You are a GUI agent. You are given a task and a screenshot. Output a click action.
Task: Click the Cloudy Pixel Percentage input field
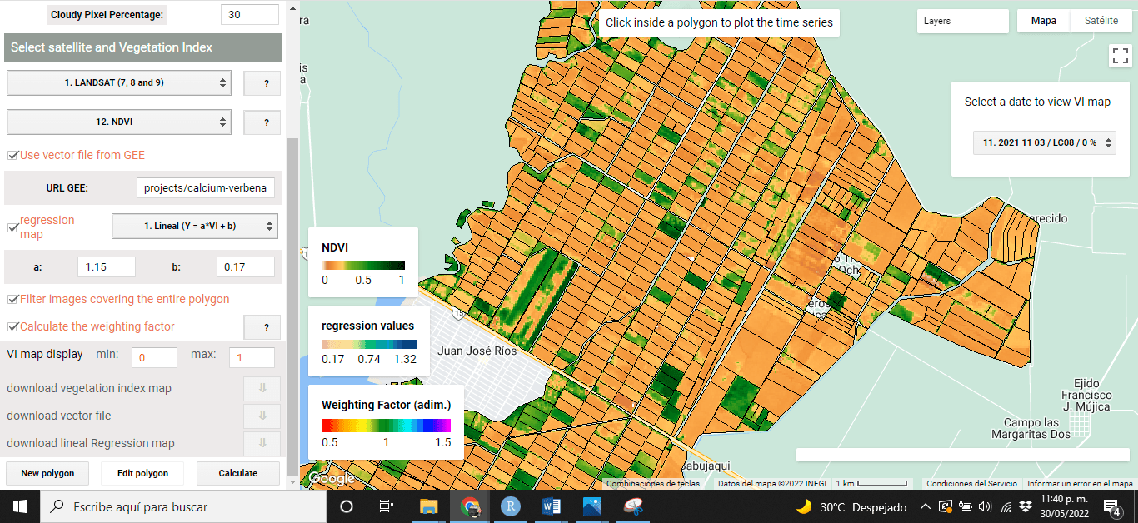(250, 15)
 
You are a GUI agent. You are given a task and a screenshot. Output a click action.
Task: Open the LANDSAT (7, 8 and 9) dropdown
(118, 83)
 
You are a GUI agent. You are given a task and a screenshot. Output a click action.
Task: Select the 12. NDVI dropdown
(118, 122)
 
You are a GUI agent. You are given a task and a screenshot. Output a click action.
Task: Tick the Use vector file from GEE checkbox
(13, 156)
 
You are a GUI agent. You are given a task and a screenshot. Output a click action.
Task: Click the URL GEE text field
(205, 188)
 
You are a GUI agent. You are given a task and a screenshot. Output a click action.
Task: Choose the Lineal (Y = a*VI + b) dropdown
(195, 227)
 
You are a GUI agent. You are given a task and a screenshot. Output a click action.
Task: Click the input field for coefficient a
(107, 267)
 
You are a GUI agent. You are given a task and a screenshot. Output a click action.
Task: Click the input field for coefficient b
(245, 267)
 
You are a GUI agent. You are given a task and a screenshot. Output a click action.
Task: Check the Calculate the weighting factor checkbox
(13, 327)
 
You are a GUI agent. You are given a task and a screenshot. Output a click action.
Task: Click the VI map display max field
(252, 357)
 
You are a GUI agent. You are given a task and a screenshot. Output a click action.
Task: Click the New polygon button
(47, 473)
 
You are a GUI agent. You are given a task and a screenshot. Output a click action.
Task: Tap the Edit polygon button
(142, 473)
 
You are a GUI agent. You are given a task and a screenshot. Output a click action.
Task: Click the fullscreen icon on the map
(1120, 56)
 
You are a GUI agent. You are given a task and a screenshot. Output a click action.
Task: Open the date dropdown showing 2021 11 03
(1044, 143)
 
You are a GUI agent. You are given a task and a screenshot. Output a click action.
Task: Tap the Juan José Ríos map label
(477, 351)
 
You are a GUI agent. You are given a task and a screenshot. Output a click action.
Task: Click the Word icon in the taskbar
(552, 506)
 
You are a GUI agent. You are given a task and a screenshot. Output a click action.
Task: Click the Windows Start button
(20, 506)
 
